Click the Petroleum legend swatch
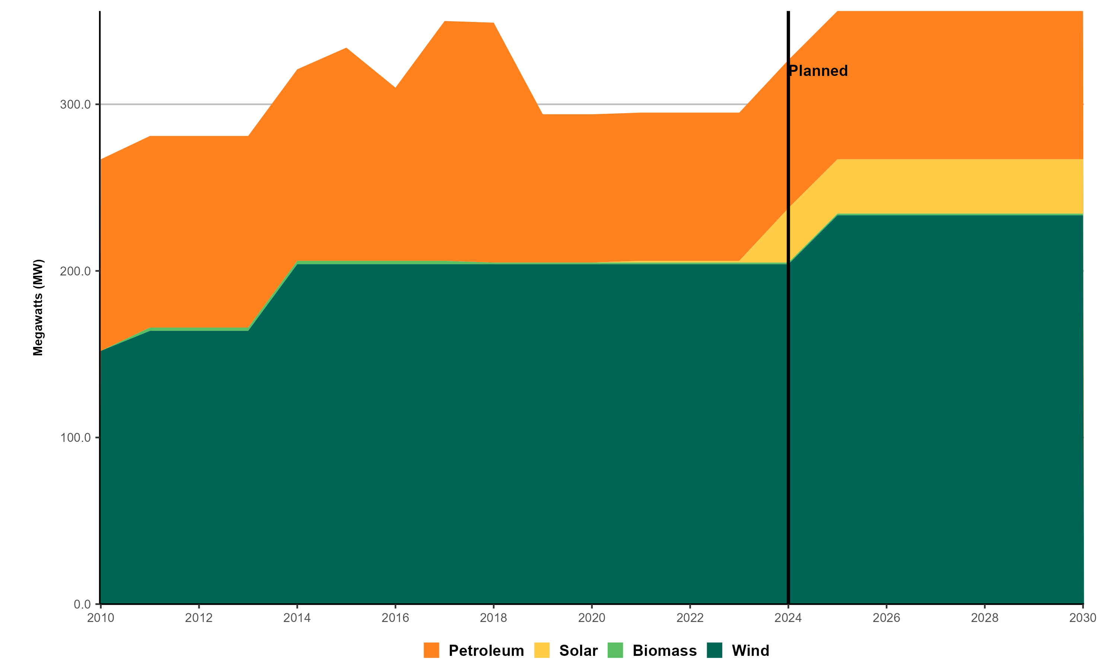pos(431,650)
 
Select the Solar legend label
pos(578,650)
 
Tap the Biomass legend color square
pos(615,650)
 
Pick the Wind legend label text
pos(750,650)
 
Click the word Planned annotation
pos(818,71)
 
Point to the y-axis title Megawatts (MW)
pos(38,307)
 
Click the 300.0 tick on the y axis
pos(76,104)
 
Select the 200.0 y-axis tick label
pos(76,271)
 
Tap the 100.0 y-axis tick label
pos(76,437)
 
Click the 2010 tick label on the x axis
pos(100,618)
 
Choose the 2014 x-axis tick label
pos(297,618)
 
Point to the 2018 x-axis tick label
pos(493,618)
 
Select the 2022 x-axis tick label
pos(690,618)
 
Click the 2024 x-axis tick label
pos(788,618)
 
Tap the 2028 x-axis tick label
pos(985,618)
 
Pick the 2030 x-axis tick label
pos(1082,618)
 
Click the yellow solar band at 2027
pos(936,186)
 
